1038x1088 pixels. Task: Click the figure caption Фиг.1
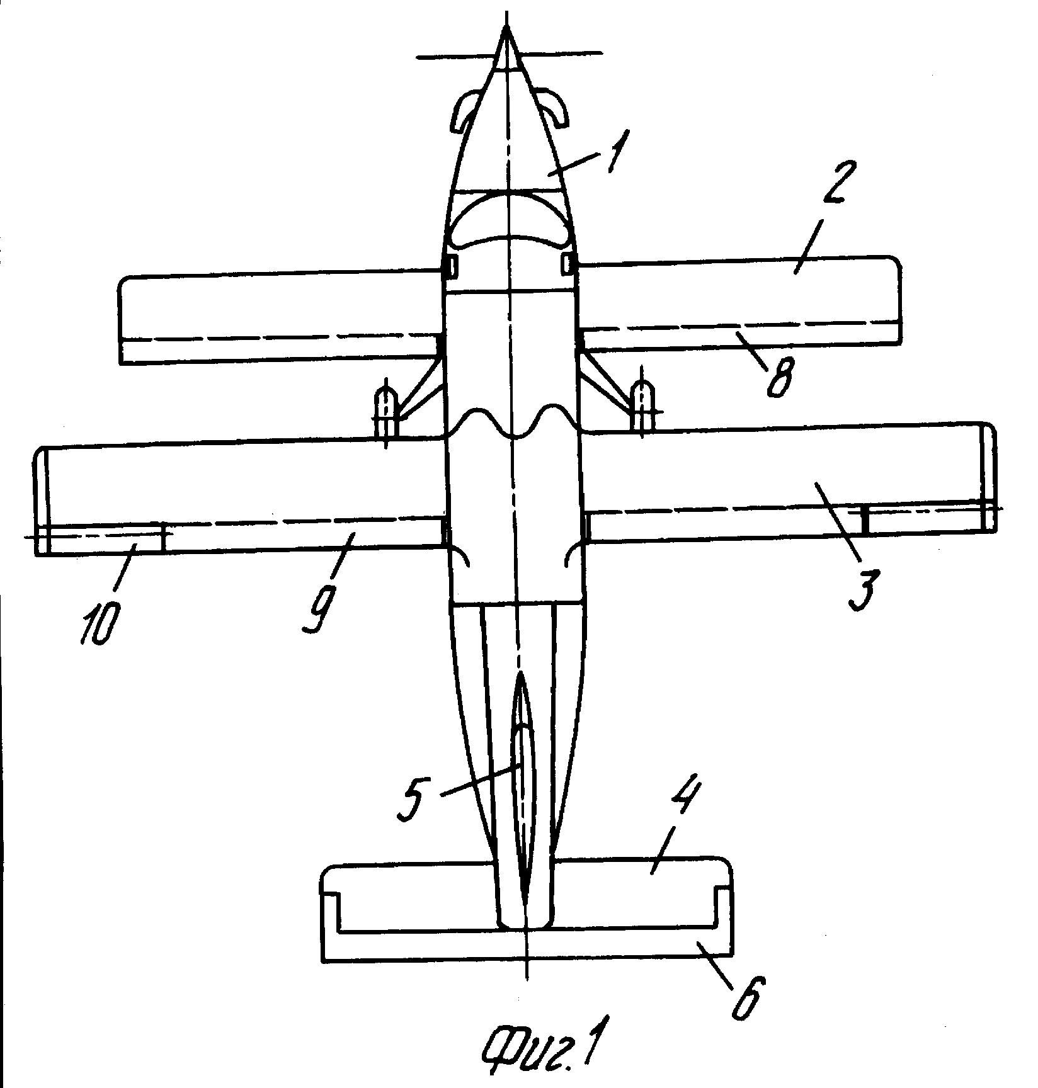(541, 1052)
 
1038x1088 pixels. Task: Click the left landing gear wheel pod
(385, 412)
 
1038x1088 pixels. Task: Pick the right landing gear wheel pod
(642, 407)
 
